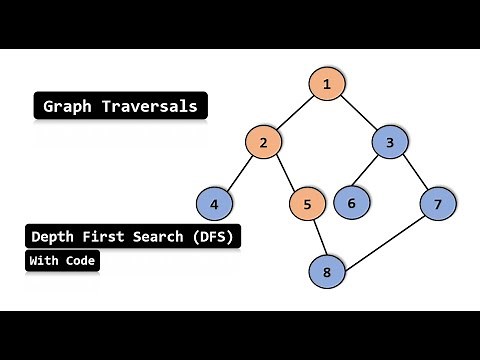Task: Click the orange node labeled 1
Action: click(326, 84)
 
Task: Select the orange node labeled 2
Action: click(263, 142)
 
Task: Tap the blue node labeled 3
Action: click(390, 142)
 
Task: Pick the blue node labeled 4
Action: click(214, 204)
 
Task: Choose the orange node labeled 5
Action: click(308, 204)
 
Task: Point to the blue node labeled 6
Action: click(351, 204)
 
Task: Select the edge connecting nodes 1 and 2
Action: click(295, 113)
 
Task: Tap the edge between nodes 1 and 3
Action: click(358, 113)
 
